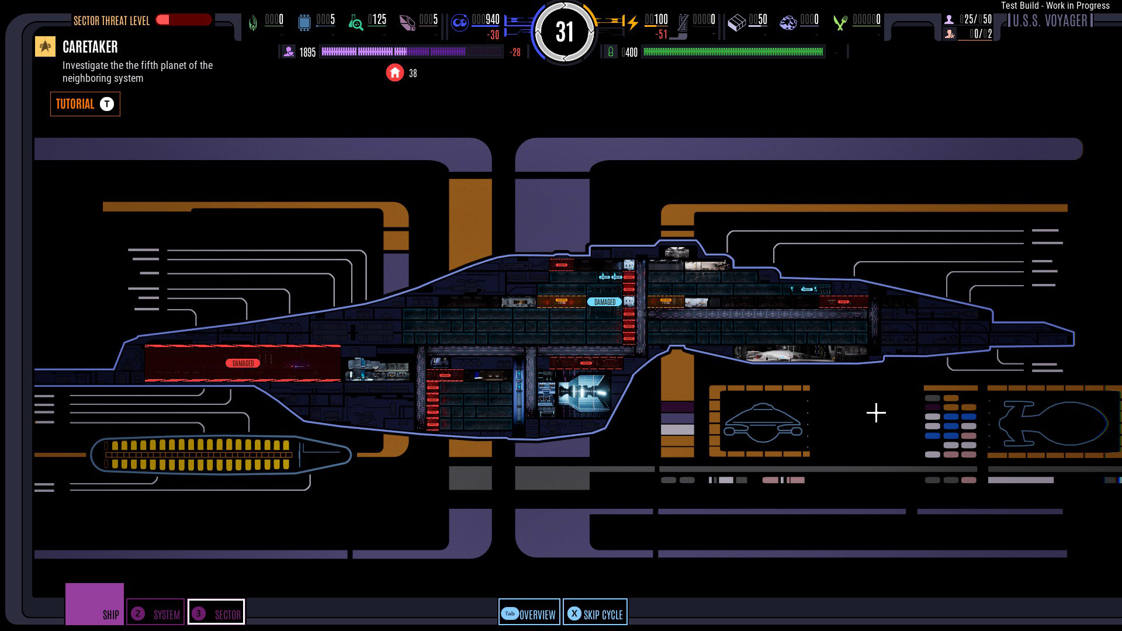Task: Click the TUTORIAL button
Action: click(x=85, y=104)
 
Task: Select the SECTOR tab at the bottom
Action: click(x=216, y=612)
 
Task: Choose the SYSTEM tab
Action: click(x=155, y=612)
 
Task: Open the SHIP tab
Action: click(x=95, y=604)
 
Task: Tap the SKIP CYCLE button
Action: click(x=595, y=612)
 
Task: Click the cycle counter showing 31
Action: click(x=564, y=32)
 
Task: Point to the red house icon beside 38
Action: click(x=395, y=72)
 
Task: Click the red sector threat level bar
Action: click(x=183, y=20)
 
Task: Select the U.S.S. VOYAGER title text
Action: click(x=1050, y=21)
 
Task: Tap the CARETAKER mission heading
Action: click(x=90, y=47)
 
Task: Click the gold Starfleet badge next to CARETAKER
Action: click(x=45, y=47)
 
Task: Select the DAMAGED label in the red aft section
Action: click(x=243, y=363)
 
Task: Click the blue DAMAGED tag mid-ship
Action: click(x=604, y=302)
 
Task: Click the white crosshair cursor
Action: click(x=876, y=413)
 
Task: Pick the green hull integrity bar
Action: click(x=733, y=52)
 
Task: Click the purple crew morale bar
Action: click(x=411, y=52)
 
